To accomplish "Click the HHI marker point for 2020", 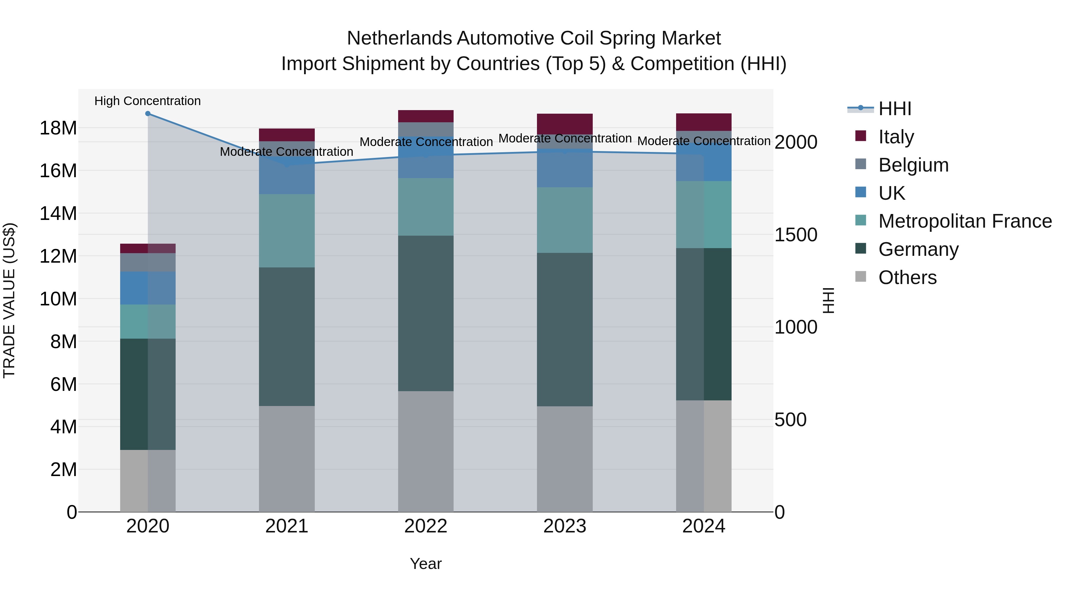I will [x=148, y=114].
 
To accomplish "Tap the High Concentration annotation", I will [x=148, y=101].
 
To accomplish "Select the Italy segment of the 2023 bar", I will [x=565, y=123].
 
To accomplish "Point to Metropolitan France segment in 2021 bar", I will [x=287, y=231].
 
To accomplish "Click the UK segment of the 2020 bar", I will [x=148, y=288].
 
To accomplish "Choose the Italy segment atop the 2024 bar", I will [x=704, y=122].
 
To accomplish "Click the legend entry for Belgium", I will [x=913, y=165].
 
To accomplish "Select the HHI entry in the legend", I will [x=895, y=109].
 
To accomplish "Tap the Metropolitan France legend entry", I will [x=965, y=221].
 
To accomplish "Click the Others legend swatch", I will [x=861, y=277].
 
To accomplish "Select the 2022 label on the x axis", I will [x=426, y=526].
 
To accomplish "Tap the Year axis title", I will [x=426, y=564].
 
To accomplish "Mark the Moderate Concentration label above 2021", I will [x=287, y=152].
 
